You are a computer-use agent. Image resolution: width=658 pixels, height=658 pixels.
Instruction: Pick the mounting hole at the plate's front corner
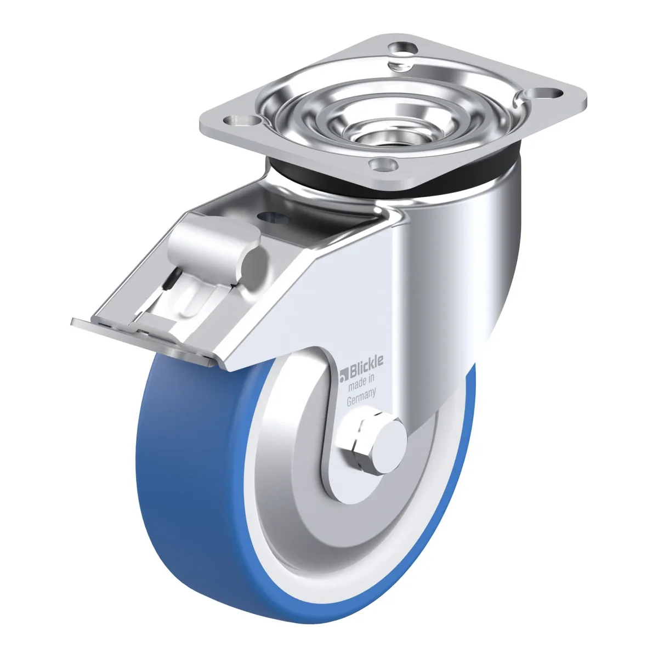(384, 164)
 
